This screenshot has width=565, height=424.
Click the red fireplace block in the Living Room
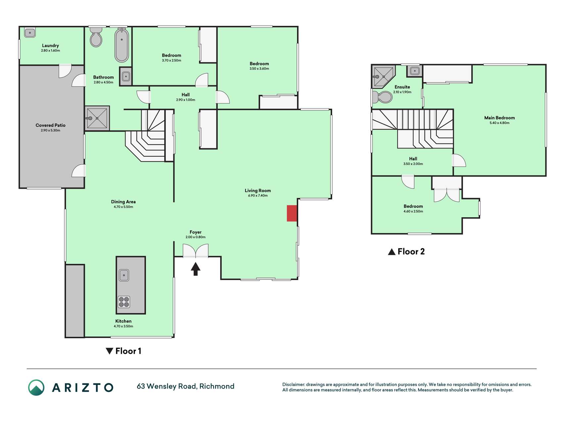292,213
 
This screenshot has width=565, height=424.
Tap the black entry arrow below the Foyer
196,269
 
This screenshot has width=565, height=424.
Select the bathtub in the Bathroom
122,45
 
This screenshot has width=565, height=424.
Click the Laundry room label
50,46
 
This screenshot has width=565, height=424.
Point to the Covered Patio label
51,125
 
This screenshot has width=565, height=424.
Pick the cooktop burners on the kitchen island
124,302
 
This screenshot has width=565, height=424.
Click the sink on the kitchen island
124,275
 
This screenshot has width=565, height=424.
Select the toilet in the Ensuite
382,97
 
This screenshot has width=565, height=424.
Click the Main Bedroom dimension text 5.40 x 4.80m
499,123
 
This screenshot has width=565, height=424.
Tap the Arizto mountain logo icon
36,388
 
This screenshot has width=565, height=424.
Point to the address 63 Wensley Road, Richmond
186,386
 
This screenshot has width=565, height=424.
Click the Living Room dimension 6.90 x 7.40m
258,195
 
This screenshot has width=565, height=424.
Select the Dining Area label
123,202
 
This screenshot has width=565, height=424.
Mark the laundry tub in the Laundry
30,32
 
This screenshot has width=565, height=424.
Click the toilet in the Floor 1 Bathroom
96,37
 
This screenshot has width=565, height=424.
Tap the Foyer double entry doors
196,251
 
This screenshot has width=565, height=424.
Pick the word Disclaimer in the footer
293,385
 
